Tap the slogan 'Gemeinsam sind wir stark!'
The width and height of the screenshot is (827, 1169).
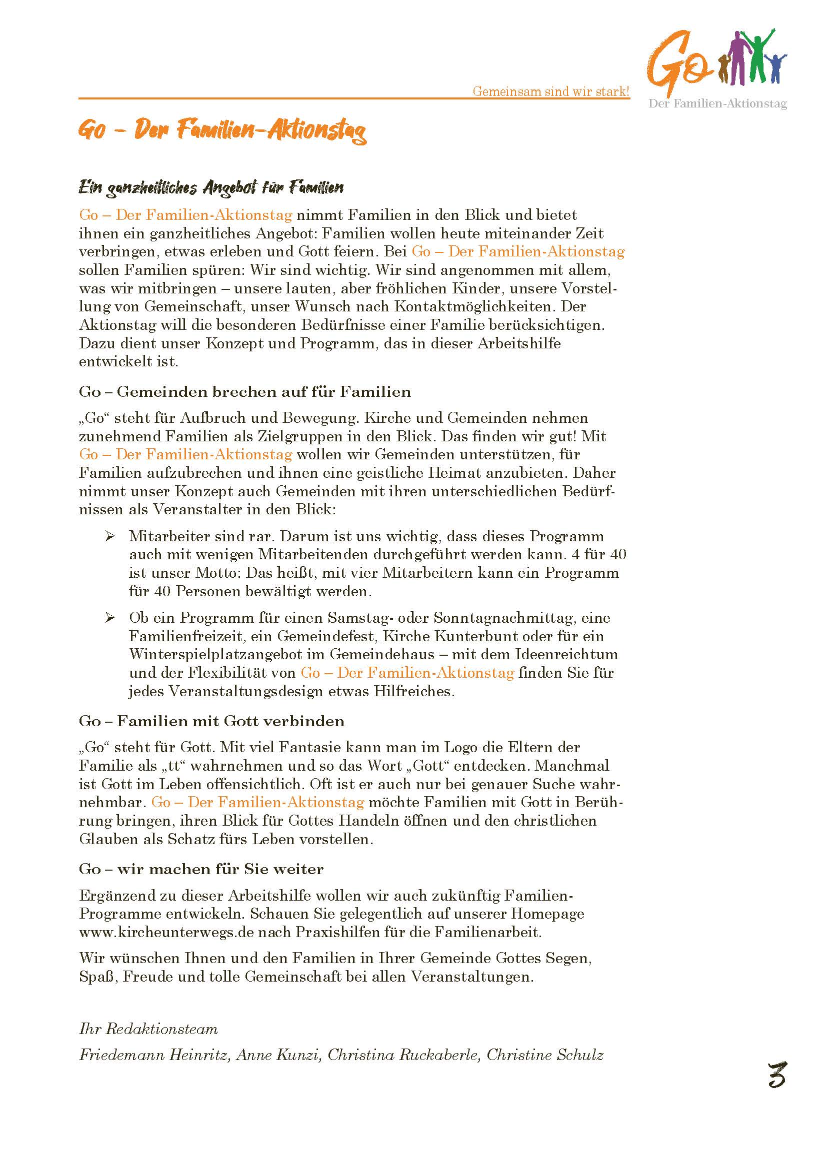pyautogui.click(x=551, y=91)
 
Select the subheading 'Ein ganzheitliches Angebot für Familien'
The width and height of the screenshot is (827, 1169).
pyautogui.click(x=211, y=188)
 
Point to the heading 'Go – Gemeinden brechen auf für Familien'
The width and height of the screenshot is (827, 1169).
pyautogui.click(x=244, y=391)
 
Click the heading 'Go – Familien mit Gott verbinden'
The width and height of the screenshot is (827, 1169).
pyautogui.click(x=211, y=721)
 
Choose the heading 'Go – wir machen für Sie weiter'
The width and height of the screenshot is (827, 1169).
pyautogui.click(x=201, y=869)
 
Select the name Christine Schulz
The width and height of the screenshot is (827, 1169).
pyautogui.click(x=545, y=1055)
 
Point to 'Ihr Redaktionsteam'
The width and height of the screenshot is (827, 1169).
pyautogui.click(x=148, y=1029)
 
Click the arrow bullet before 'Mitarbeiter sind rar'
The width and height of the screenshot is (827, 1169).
pyautogui.click(x=109, y=536)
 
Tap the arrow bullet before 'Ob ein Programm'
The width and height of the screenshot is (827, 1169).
pyautogui.click(x=109, y=618)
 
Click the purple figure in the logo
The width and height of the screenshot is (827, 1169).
pyautogui.click(x=737, y=56)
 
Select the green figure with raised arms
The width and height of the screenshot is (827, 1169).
pyautogui.click(x=757, y=53)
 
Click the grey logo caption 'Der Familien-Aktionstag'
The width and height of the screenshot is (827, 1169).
pyautogui.click(x=717, y=104)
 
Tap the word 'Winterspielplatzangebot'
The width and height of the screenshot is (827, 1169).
pyautogui.click(x=227, y=654)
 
